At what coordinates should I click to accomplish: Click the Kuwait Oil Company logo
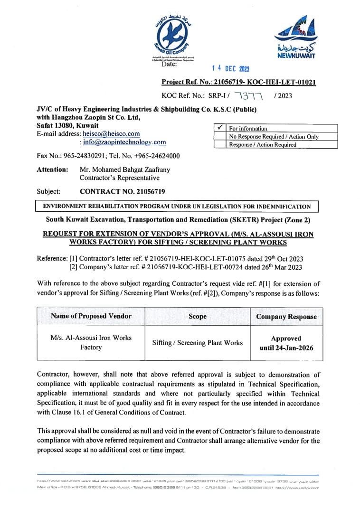(x=173, y=38)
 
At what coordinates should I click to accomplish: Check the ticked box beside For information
(x=220, y=128)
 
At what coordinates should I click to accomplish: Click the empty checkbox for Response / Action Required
(x=220, y=144)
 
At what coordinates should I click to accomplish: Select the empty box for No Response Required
(x=220, y=136)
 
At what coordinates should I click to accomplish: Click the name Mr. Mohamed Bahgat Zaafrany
(x=124, y=169)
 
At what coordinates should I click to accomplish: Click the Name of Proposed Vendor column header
(x=91, y=316)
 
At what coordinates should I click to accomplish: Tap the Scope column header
(x=197, y=316)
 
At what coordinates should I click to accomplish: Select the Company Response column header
(x=286, y=317)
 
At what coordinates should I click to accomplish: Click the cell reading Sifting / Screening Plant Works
(x=197, y=343)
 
